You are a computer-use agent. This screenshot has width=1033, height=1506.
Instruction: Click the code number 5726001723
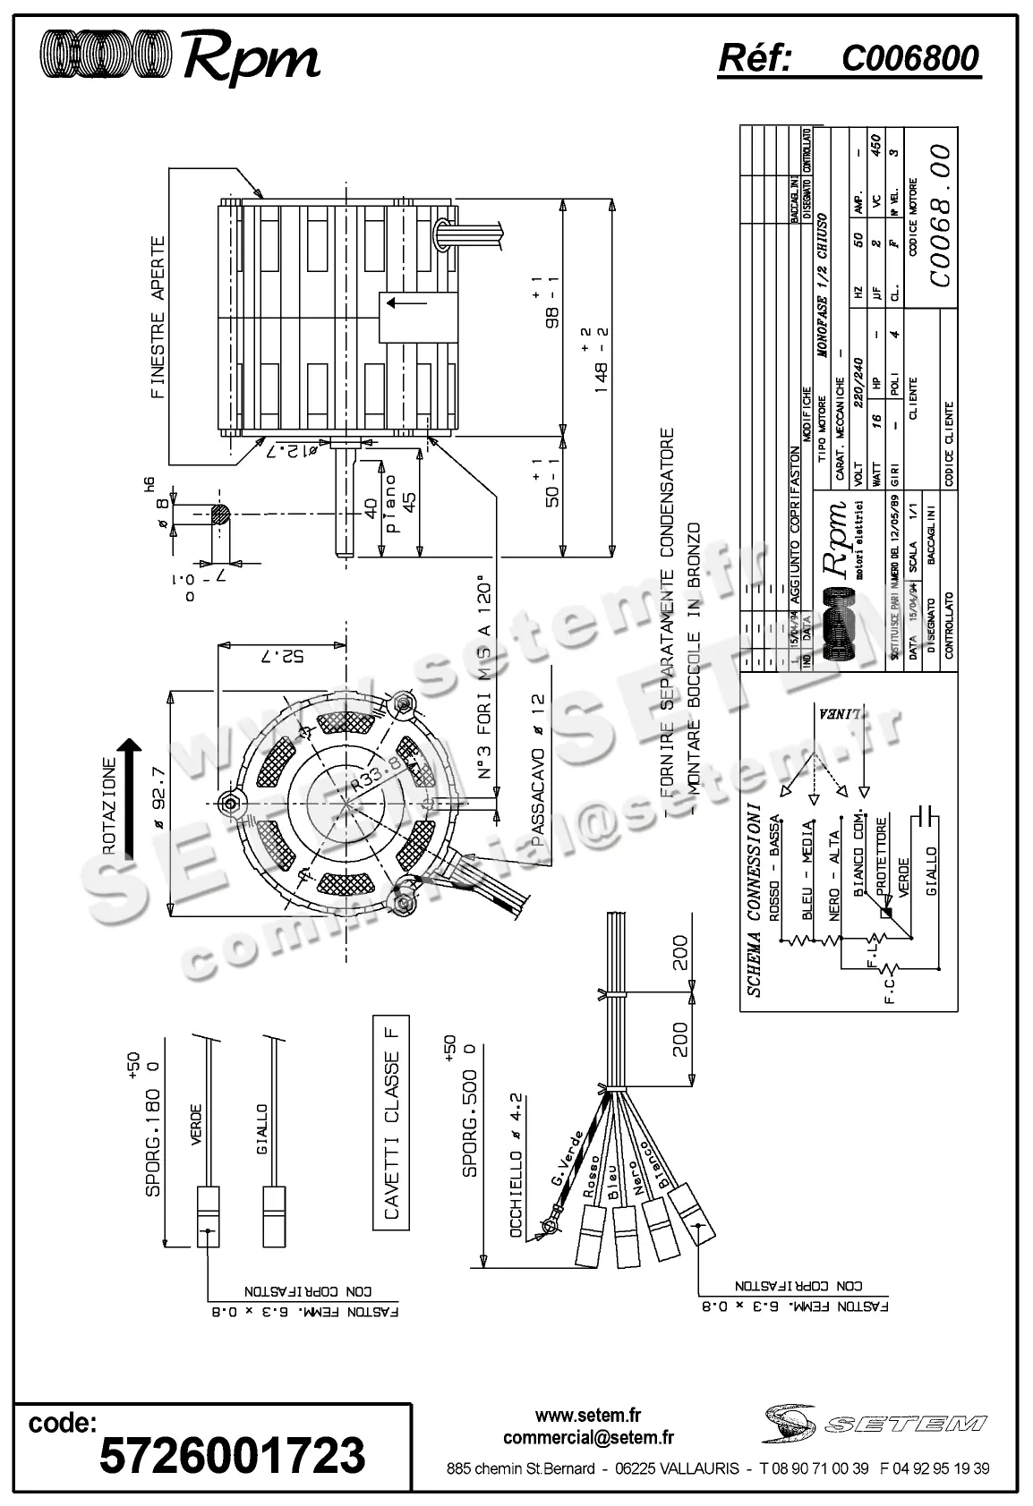point(233,1455)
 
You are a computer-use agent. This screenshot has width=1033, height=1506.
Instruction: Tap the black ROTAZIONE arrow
point(130,796)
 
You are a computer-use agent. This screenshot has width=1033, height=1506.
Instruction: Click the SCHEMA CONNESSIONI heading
point(754,898)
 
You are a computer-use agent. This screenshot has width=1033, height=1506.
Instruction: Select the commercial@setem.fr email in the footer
point(588,1438)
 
